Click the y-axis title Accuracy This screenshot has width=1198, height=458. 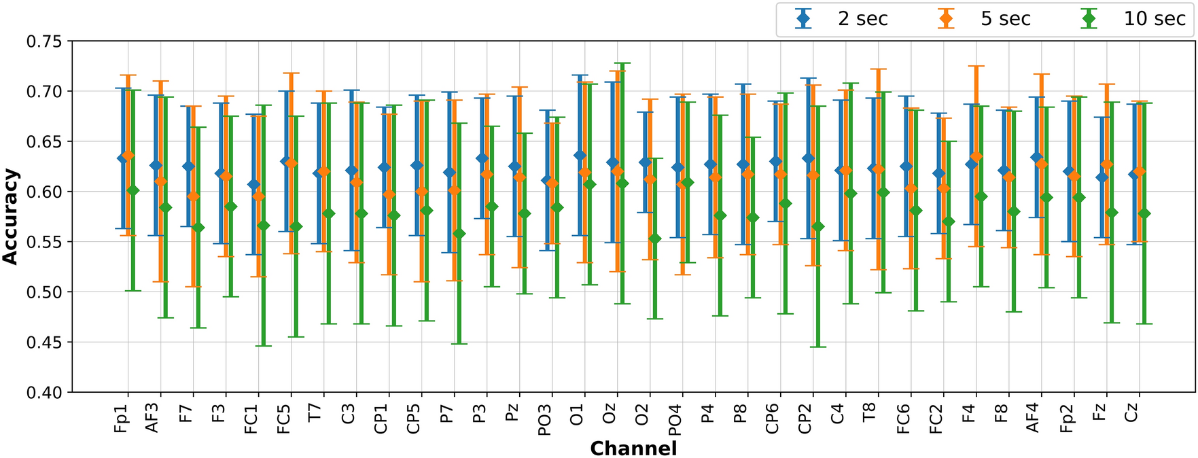(10, 217)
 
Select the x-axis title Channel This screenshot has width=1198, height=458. (633, 448)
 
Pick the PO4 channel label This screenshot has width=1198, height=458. (675, 421)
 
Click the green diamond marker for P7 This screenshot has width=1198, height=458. (459, 234)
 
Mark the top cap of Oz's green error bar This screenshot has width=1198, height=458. (622, 63)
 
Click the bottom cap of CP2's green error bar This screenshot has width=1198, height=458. (818, 347)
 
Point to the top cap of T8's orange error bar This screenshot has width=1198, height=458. (879, 69)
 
